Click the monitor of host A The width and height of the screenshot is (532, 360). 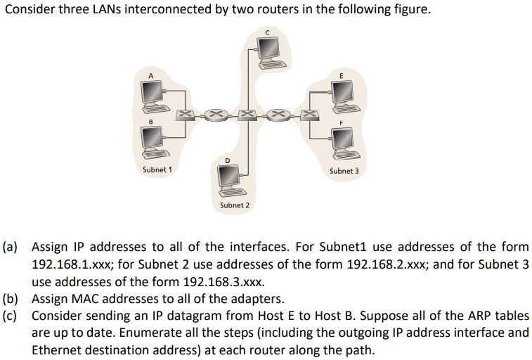152,91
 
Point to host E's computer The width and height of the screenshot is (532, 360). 343,91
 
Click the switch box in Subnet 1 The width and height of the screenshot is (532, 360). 184,113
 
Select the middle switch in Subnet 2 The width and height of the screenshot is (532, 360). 246,113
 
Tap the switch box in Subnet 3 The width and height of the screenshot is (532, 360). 308,113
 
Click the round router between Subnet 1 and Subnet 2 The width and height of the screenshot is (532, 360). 215,113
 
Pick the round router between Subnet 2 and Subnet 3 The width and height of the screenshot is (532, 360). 277,113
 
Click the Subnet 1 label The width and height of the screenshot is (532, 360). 157,169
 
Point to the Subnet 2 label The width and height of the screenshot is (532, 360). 234,205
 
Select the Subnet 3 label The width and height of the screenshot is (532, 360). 344,170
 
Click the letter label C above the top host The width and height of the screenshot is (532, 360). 267,31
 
